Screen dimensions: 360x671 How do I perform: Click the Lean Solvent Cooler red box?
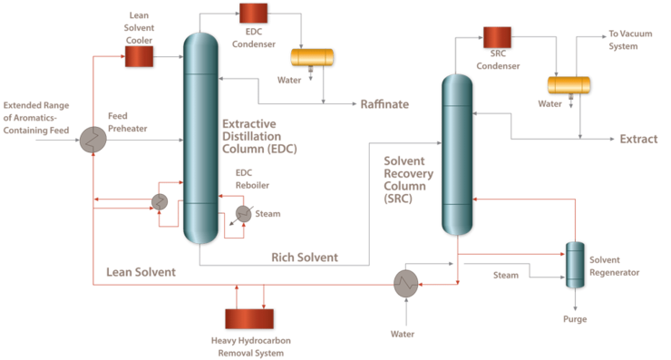click(x=139, y=56)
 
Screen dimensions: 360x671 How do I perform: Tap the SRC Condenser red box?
click(x=497, y=36)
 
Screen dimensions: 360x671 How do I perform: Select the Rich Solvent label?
click(x=305, y=258)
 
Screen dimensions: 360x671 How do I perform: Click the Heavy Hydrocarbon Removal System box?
click(x=249, y=319)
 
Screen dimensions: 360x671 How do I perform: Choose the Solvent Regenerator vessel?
click(x=575, y=266)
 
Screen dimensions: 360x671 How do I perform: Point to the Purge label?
click(x=574, y=318)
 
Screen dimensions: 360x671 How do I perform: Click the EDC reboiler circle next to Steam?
click(x=243, y=213)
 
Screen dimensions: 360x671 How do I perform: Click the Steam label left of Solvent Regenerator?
click(x=505, y=274)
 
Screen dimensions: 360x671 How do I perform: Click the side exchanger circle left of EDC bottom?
click(x=160, y=201)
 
